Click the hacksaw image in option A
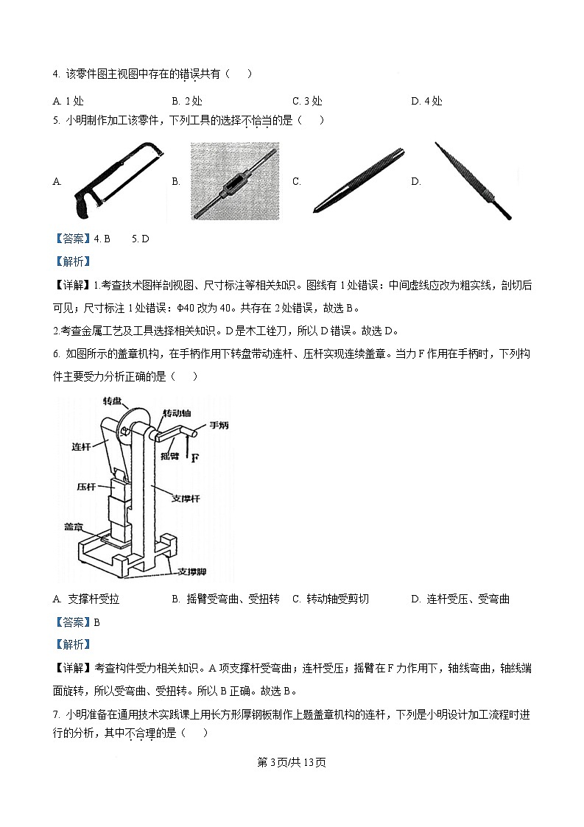[x=117, y=181]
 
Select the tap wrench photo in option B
[x=233, y=181]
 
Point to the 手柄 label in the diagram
[x=219, y=426]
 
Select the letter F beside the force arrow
[x=196, y=458]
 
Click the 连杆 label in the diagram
[x=81, y=446]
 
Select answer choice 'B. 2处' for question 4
[x=187, y=102]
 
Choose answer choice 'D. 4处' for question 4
[x=426, y=102]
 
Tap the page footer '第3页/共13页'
[x=292, y=762]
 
